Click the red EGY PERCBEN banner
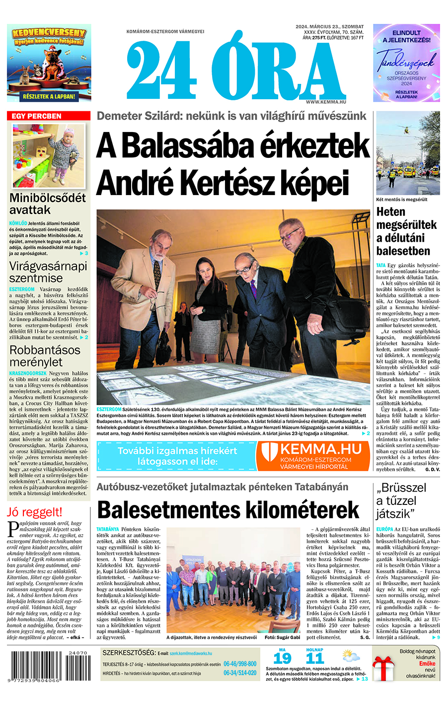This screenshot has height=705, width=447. [49, 116]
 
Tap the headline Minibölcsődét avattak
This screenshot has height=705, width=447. [48, 204]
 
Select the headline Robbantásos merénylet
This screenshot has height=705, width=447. [45, 355]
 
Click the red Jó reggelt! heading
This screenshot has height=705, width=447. [35, 512]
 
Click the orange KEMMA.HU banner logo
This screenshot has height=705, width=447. [313, 456]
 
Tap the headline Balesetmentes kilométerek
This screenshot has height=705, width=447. [228, 510]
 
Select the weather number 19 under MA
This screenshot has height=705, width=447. [282, 659]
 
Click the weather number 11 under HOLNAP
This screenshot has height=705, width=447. [315, 659]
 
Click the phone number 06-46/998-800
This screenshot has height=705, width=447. [240, 664]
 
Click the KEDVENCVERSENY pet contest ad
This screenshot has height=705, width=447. [49, 63]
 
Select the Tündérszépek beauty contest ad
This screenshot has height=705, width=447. [407, 63]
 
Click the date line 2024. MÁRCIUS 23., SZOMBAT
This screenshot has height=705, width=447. [329, 26]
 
